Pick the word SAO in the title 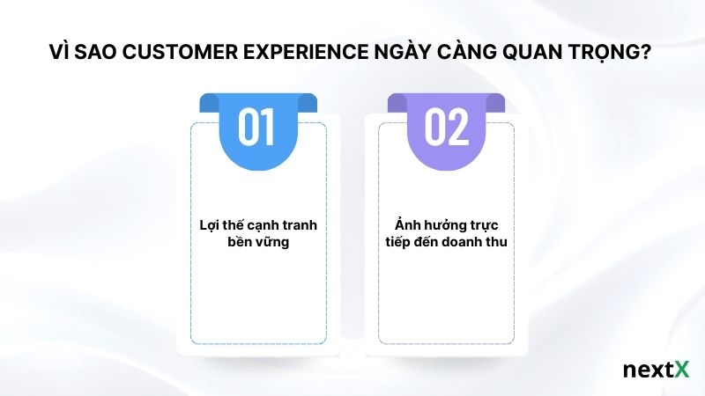[99, 54]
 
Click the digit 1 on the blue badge [270, 128]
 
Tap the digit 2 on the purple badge [458, 128]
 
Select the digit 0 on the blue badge [249, 128]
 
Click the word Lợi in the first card [209, 225]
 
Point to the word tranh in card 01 [300, 225]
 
